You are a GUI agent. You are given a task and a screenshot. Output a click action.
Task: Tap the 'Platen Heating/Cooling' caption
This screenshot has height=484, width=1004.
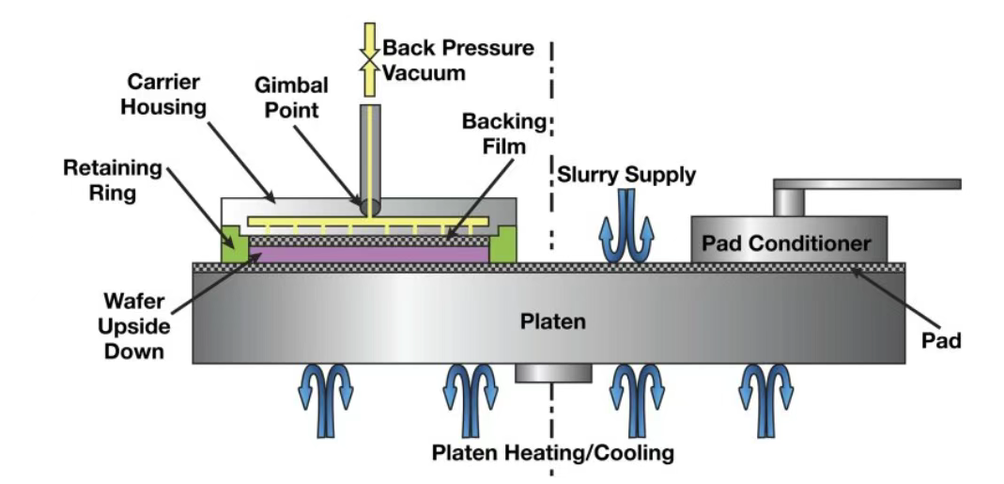(552, 453)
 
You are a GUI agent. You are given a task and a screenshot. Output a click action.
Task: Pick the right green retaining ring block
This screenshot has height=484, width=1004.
(504, 244)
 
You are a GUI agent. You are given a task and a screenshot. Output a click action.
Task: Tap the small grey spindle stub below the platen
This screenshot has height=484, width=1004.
(553, 373)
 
